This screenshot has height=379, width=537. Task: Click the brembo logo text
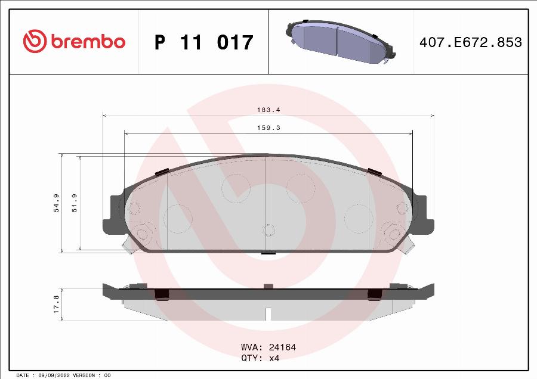click(x=88, y=42)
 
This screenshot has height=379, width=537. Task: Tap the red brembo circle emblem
click(x=35, y=41)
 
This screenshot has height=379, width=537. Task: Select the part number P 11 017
click(x=203, y=42)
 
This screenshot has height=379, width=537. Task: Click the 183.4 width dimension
click(x=268, y=110)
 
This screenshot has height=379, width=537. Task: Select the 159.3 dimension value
click(x=268, y=128)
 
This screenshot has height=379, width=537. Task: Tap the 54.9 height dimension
click(x=57, y=203)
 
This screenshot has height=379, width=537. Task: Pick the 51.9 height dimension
click(x=75, y=203)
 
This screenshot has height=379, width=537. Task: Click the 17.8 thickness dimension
click(x=57, y=304)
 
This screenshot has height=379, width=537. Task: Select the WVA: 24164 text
click(x=268, y=347)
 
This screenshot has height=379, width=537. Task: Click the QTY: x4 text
click(x=260, y=358)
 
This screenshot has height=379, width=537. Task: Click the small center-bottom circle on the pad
click(x=268, y=230)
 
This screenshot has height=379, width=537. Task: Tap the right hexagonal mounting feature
click(x=394, y=233)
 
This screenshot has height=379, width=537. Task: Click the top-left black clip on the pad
click(x=160, y=172)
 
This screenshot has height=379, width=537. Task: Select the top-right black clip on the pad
click(x=375, y=172)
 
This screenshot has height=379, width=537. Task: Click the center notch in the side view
click(x=268, y=313)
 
